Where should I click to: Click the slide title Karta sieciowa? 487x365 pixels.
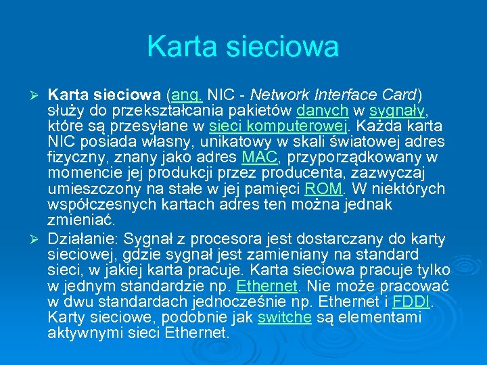pos(243,47)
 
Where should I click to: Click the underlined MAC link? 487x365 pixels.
pos(260,157)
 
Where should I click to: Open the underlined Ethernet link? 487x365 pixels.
pos(269,285)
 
